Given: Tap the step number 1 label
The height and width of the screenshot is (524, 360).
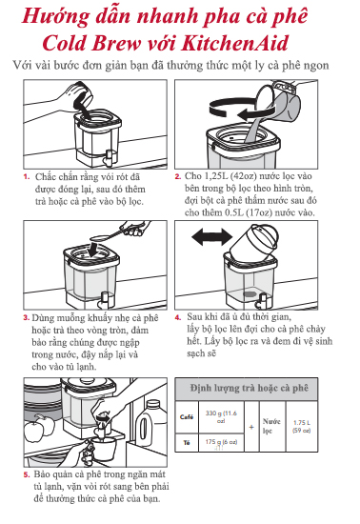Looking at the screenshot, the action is tap(27, 177).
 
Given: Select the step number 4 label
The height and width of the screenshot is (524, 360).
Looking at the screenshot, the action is tap(178, 317).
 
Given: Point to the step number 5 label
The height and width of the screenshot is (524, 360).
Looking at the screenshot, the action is tap(27, 474).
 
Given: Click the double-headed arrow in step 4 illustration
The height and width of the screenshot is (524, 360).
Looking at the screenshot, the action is tap(211, 237).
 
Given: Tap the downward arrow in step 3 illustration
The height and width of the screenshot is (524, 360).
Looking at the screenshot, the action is tap(93, 250).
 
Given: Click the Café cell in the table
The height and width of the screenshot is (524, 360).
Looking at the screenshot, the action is tap(187, 416).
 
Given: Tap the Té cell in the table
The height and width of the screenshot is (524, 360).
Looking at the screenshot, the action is tap(187, 442).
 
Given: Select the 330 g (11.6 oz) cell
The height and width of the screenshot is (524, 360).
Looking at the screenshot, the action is tap(221, 416).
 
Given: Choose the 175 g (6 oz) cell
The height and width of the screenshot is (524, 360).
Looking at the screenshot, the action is tap(221, 442).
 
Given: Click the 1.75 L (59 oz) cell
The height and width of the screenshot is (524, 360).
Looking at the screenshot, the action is tap(302, 427).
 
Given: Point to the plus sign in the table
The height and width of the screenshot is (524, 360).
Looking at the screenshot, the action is tap(251, 427).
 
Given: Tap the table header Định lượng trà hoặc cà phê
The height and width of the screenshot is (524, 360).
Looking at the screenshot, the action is tap(250, 388).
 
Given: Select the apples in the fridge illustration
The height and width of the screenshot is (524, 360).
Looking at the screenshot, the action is tap(40, 428).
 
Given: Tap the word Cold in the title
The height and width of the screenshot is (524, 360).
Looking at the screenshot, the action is tap(64, 43).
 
